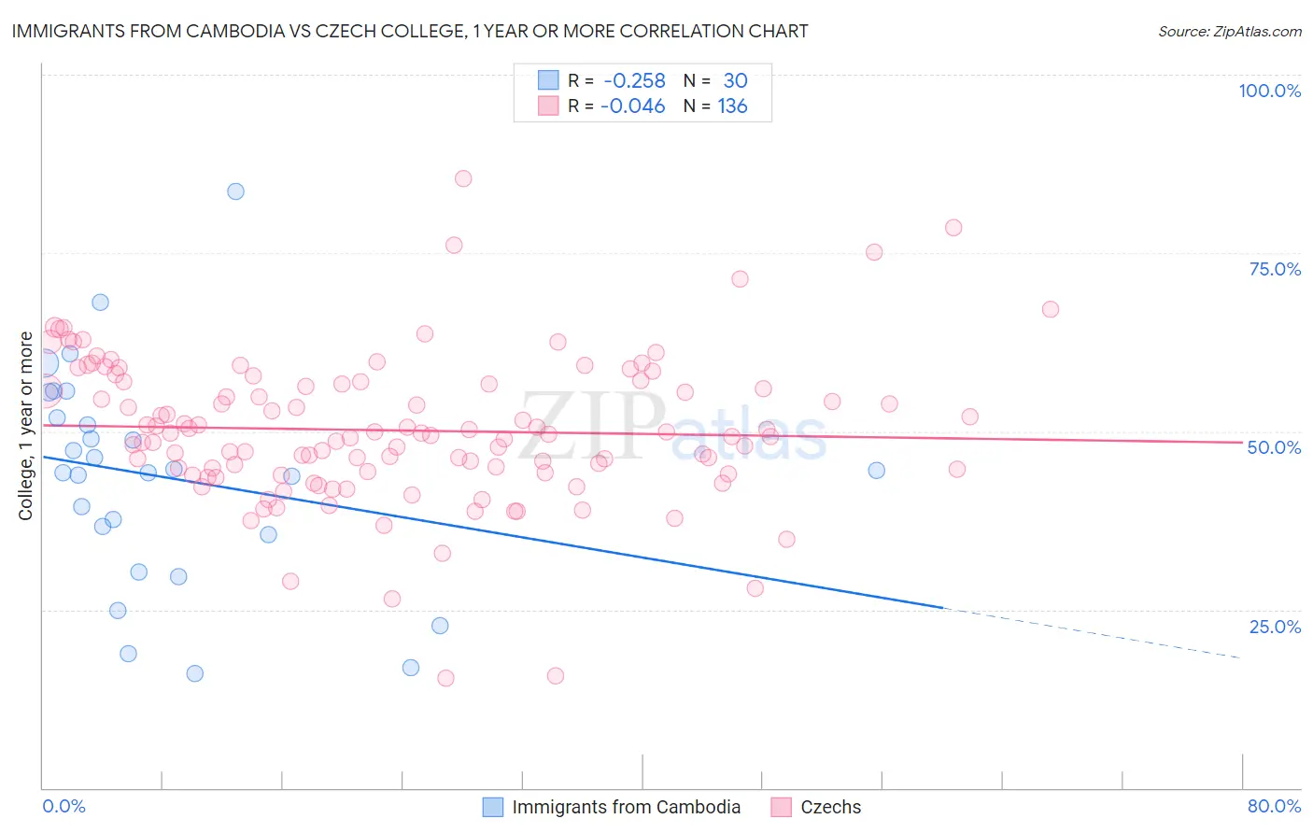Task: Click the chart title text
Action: (x=410, y=31)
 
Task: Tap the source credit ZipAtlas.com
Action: (x=1229, y=31)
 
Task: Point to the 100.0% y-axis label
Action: (x=1269, y=91)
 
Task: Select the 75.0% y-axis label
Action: (x=1275, y=269)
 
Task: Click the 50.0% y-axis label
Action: (x=1274, y=447)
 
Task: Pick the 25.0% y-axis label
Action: (x=1275, y=626)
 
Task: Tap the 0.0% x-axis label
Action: (x=64, y=806)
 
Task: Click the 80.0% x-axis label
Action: (x=1274, y=806)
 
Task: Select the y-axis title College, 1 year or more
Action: (x=26, y=426)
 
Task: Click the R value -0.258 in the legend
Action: (x=634, y=80)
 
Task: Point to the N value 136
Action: (x=732, y=106)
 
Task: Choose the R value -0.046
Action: (x=632, y=106)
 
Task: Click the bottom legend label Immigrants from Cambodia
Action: (x=626, y=807)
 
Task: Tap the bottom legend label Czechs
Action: (x=830, y=807)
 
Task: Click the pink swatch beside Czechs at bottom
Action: (x=782, y=807)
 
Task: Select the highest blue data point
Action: (x=235, y=191)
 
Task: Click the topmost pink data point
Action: (x=463, y=178)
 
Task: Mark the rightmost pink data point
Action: (x=1051, y=309)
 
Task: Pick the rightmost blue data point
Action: (x=876, y=470)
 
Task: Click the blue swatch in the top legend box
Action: (x=547, y=80)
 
